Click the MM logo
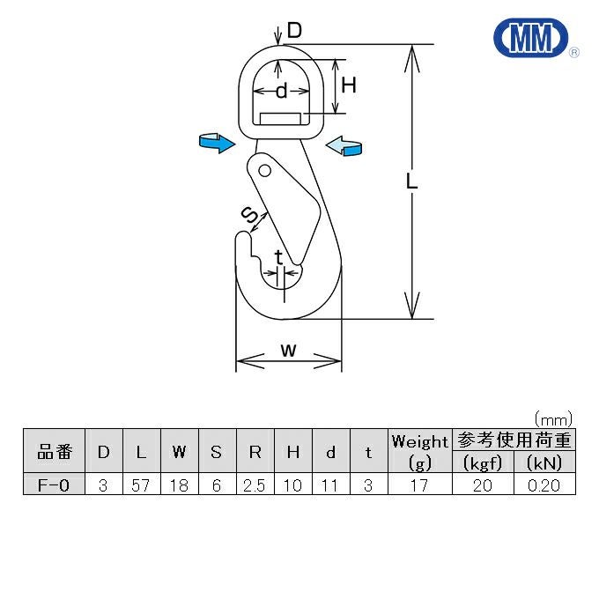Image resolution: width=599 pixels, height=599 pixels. coord(532,39)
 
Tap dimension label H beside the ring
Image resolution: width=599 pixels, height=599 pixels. coord(349,85)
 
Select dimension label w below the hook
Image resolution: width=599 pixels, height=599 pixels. coord(288,350)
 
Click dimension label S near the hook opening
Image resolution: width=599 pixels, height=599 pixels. coord(250,214)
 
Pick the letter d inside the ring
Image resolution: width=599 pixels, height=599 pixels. coord(281,91)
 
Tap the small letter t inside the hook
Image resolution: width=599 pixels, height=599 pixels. coord(279,257)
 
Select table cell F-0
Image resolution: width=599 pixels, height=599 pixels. coord(54,484)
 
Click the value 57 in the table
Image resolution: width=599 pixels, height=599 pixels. coord(141,484)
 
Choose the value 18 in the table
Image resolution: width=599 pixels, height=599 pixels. coord(179,484)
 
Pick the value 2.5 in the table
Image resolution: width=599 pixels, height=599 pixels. coord(255,484)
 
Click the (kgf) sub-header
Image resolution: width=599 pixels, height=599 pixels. coord(482,462)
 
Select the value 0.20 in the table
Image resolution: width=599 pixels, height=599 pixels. coord(544,484)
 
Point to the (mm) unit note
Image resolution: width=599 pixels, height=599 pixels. coord(553,418)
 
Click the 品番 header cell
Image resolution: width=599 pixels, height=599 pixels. coord(54,452)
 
